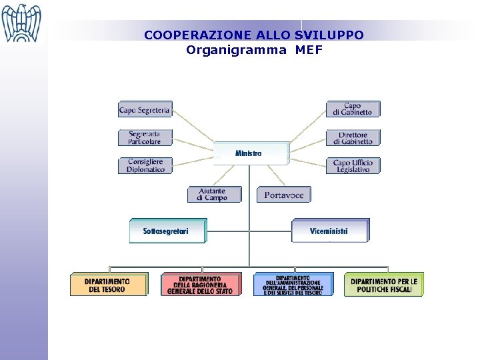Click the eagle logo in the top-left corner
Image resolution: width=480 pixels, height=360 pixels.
tap(21, 23)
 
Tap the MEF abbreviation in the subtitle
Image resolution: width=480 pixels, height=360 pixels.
tap(309, 50)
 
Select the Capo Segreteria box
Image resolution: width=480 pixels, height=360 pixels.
tap(145, 109)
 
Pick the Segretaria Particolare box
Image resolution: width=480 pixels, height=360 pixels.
tap(145, 137)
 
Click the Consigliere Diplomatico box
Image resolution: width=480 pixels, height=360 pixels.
tap(145, 165)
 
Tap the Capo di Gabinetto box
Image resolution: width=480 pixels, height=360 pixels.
tap(353, 109)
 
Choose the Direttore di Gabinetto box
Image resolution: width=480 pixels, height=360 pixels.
tap(353, 137)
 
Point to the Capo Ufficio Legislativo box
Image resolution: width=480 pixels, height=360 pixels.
tap(353, 165)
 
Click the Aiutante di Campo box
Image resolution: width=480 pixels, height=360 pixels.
tap(211, 194)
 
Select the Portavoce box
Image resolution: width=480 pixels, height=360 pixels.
tap(284, 195)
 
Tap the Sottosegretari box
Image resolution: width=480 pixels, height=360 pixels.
tap(167, 231)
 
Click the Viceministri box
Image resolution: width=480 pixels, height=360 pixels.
tap(329, 231)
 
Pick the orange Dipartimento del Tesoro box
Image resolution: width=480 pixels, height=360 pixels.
tap(108, 285)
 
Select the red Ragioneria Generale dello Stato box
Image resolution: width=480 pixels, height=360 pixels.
tap(199, 285)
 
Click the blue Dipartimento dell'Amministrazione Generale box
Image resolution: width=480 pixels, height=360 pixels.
tap(293, 285)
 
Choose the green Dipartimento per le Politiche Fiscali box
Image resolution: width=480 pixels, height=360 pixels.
tap(383, 285)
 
